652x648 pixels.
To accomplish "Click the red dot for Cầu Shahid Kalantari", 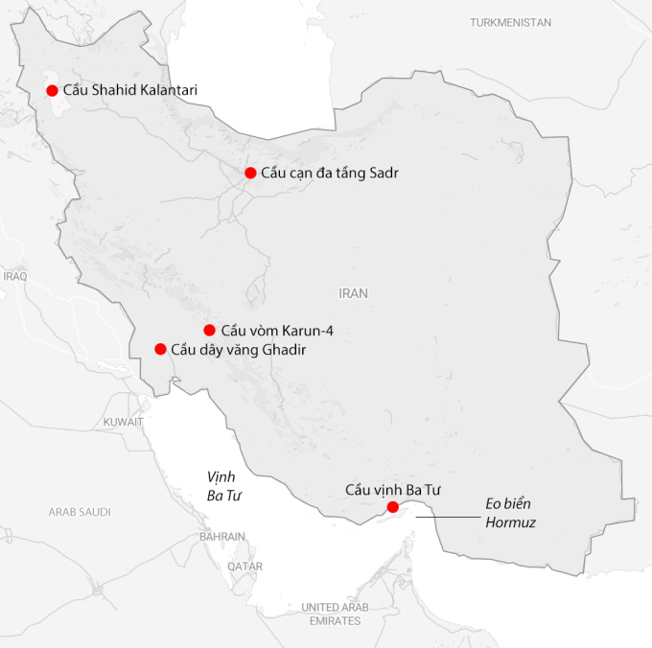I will click(x=52, y=90).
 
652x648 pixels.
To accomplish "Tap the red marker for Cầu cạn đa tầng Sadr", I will click(x=250, y=173).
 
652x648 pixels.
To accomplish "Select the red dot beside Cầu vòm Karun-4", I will click(x=209, y=330).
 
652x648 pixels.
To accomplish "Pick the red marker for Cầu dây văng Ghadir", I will click(x=160, y=349).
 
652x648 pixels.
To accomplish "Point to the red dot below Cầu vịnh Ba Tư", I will click(x=392, y=506).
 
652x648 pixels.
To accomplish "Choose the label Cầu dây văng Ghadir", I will click(x=239, y=349).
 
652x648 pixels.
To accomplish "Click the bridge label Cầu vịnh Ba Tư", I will click(x=392, y=490).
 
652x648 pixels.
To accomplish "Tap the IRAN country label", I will click(x=353, y=293).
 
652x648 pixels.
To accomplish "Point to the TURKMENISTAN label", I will click(x=511, y=21).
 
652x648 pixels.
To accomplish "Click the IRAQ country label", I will click(x=15, y=275).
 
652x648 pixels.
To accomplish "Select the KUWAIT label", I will click(x=124, y=421).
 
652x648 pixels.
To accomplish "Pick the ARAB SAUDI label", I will click(x=80, y=512).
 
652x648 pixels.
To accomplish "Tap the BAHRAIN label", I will click(x=222, y=537).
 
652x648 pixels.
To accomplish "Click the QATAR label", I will click(x=244, y=567).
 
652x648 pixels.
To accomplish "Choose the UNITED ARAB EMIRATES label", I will click(x=335, y=613).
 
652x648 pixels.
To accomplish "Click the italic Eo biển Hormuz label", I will click(x=508, y=513).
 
